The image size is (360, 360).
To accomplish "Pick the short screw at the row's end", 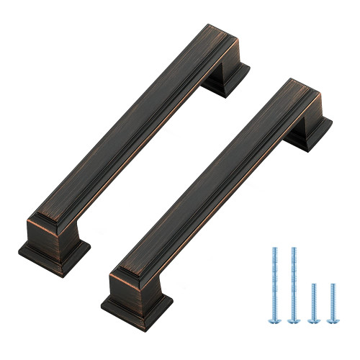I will (332, 302).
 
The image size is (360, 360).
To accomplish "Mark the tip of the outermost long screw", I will (274, 248).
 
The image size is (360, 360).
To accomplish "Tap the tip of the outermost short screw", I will (332, 286).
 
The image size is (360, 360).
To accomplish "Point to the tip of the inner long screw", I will (293, 248).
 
